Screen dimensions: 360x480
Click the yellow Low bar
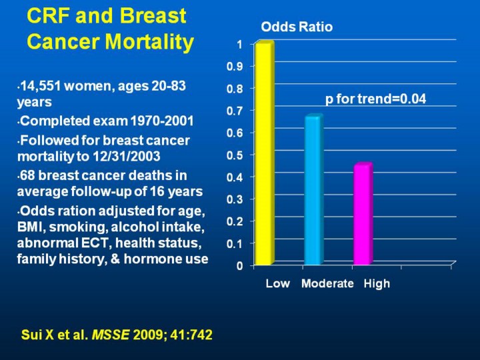coord(263,153)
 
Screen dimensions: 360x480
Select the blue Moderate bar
coord(312,190)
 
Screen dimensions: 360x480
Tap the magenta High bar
coord(362,214)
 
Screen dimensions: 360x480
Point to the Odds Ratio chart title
coord(296,27)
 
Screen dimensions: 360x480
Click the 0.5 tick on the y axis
coord(235,155)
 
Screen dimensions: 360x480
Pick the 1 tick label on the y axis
coord(239,44)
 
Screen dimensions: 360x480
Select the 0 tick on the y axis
coord(239,266)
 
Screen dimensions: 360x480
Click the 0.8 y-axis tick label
coord(235,88)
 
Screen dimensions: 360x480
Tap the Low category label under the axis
coord(277,284)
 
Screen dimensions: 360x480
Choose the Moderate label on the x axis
coord(327,284)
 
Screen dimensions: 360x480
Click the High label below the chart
coord(377,284)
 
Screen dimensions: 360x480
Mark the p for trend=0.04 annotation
coord(375,99)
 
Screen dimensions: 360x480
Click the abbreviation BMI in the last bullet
coord(32,228)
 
